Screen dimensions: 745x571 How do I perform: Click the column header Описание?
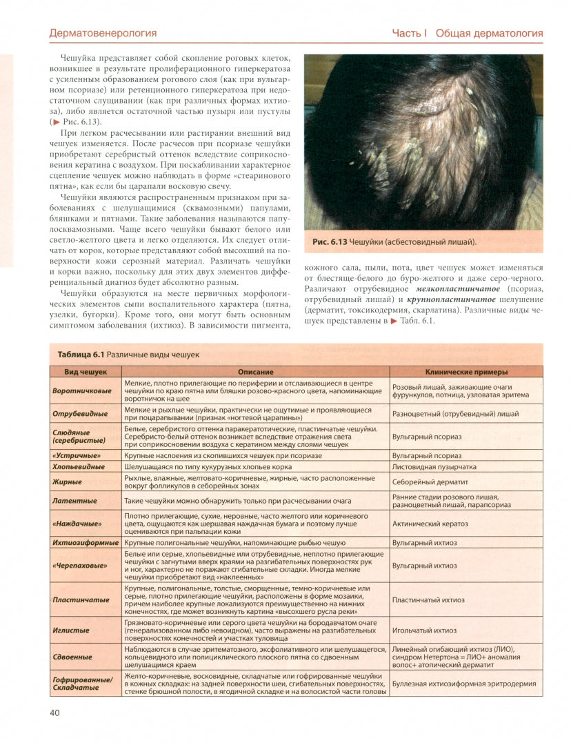pyautogui.click(x=255, y=372)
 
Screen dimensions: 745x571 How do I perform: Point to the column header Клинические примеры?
pyautogui.click(x=466, y=372)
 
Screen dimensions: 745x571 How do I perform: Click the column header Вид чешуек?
pyautogui.click(x=86, y=372)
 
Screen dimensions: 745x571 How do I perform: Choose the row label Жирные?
pyautogui.click(x=67, y=481)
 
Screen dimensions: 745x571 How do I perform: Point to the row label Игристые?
pyautogui.click(x=68, y=630)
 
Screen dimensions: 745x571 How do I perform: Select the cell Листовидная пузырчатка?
pyautogui.click(x=434, y=467)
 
